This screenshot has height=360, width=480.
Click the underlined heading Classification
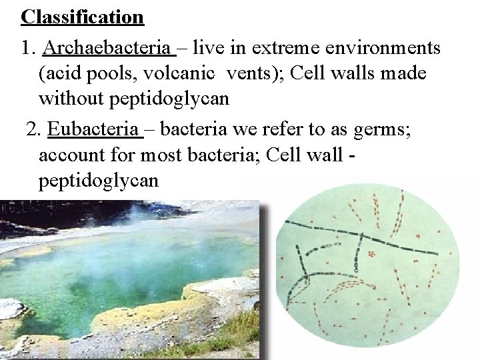coord(82,17)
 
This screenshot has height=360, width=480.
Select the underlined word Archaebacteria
coord(109,49)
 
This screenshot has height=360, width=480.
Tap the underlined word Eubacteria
coord(95,129)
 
